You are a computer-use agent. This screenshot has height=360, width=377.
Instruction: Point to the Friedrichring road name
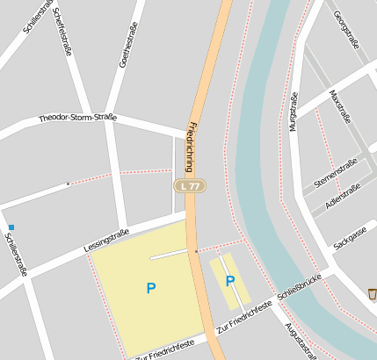(190, 148)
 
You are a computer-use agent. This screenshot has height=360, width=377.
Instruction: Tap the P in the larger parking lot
(151, 287)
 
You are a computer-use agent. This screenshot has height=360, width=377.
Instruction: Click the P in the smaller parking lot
(230, 281)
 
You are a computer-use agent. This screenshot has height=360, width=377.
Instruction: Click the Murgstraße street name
(294, 112)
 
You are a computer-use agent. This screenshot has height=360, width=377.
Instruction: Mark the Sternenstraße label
(335, 173)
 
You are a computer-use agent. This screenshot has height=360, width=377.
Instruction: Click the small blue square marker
(11, 227)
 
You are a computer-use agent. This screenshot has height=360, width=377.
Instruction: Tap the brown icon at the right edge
(372, 294)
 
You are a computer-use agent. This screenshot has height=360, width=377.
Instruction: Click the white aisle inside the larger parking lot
(169, 256)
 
